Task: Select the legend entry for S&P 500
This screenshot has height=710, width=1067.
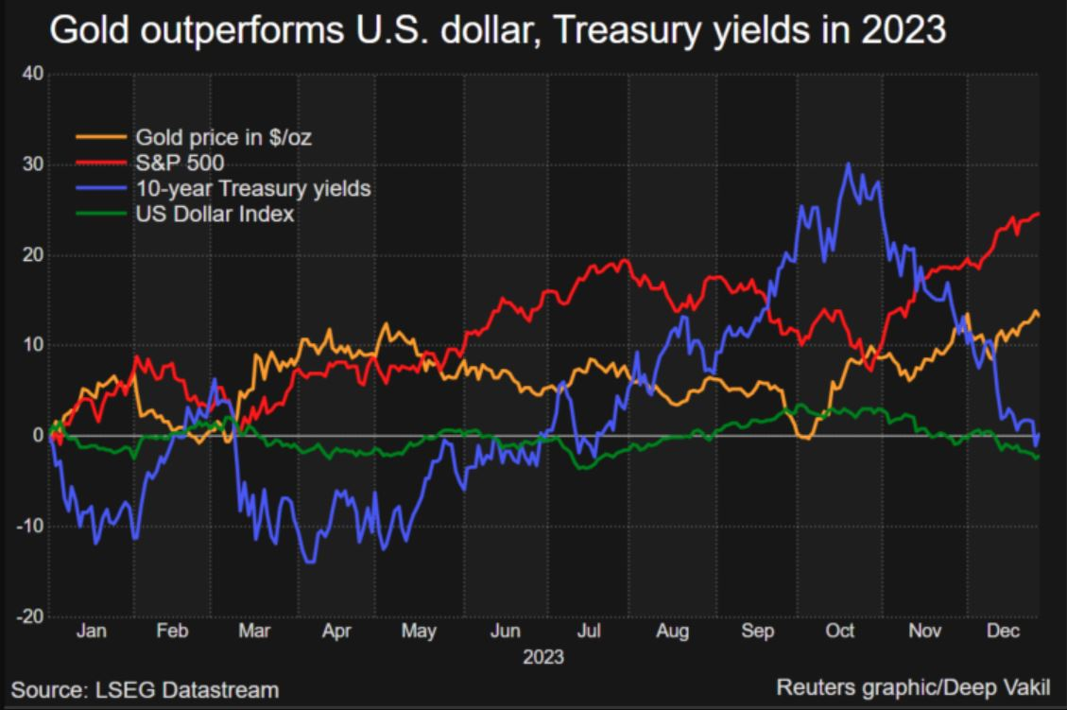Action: click(x=180, y=163)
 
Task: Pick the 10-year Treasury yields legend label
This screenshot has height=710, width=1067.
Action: click(x=253, y=188)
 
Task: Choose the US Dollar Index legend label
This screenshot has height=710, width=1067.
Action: click(x=215, y=214)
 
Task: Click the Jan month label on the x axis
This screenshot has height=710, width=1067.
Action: click(x=91, y=632)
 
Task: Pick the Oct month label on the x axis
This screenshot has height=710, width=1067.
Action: click(x=840, y=632)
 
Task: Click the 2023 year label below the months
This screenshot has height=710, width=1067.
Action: click(x=543, y=655)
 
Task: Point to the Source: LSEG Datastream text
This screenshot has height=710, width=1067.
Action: click(x=145, y=689)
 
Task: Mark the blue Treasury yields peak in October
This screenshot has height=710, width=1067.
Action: click(x=848, y=165)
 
